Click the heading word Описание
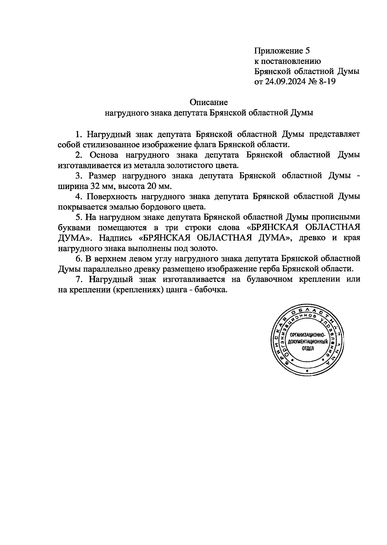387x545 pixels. click(x=209, y=103)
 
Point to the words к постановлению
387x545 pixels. click(x=287, y=61)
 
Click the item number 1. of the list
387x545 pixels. click(x=78, y=134)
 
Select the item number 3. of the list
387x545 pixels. click(x=79, y=176)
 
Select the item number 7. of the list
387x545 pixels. click(x=79, y=279)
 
